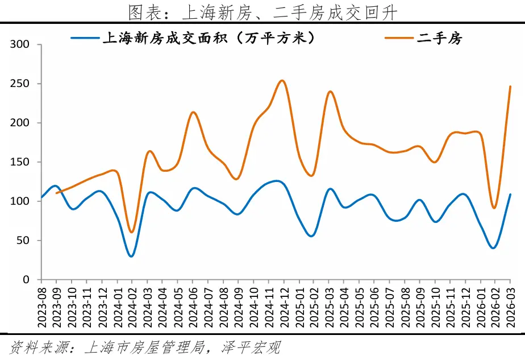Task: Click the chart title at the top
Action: (262, 11)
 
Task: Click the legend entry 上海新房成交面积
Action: (207, 38)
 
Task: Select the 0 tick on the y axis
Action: (31, 280)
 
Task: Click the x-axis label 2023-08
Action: (41, 305)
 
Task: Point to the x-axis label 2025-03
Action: (329, 305)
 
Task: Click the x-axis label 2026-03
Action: (510, 305)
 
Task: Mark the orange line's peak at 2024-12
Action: (282, 80)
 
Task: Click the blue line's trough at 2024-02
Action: (132, 256)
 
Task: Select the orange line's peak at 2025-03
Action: (330, 91)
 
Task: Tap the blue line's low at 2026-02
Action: (493, 248)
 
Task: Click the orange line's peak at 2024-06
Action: (193, 112)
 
